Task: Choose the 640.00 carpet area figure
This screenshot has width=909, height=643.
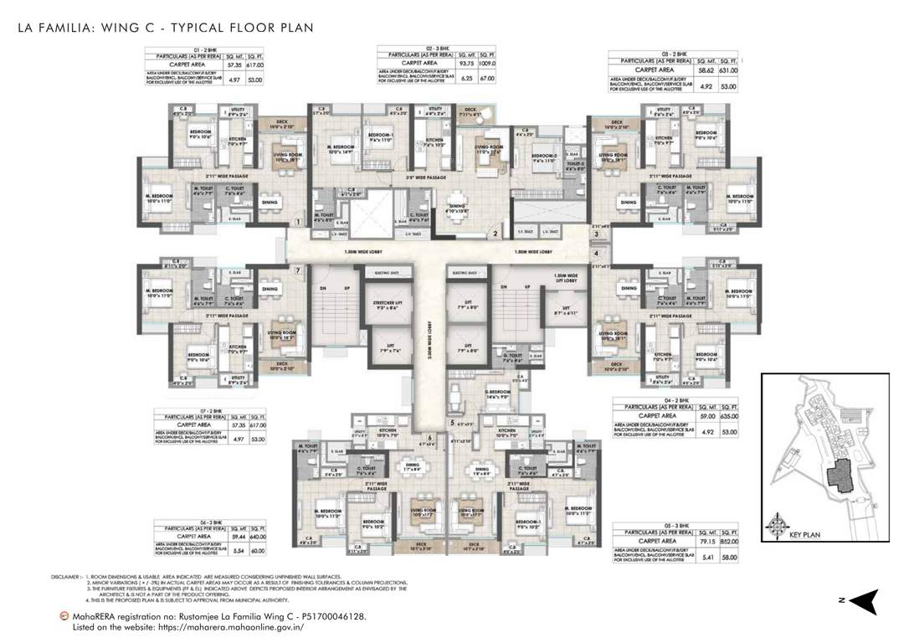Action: (x=255, y=538)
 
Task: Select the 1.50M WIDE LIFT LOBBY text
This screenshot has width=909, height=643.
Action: (x=566, y=279)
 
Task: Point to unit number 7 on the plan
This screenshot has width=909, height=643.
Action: (x=297, y=270)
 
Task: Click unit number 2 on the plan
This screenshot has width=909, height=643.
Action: (x=495, y=234)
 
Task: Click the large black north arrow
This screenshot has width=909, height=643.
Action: (x=867, y=601)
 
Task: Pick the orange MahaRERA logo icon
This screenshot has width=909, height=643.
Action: (x=64, y=616)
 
